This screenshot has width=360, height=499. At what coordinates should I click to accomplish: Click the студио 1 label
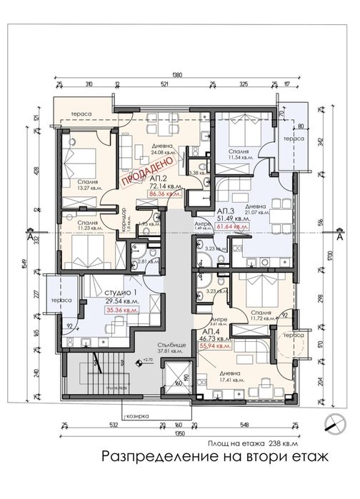tap(121, 294)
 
